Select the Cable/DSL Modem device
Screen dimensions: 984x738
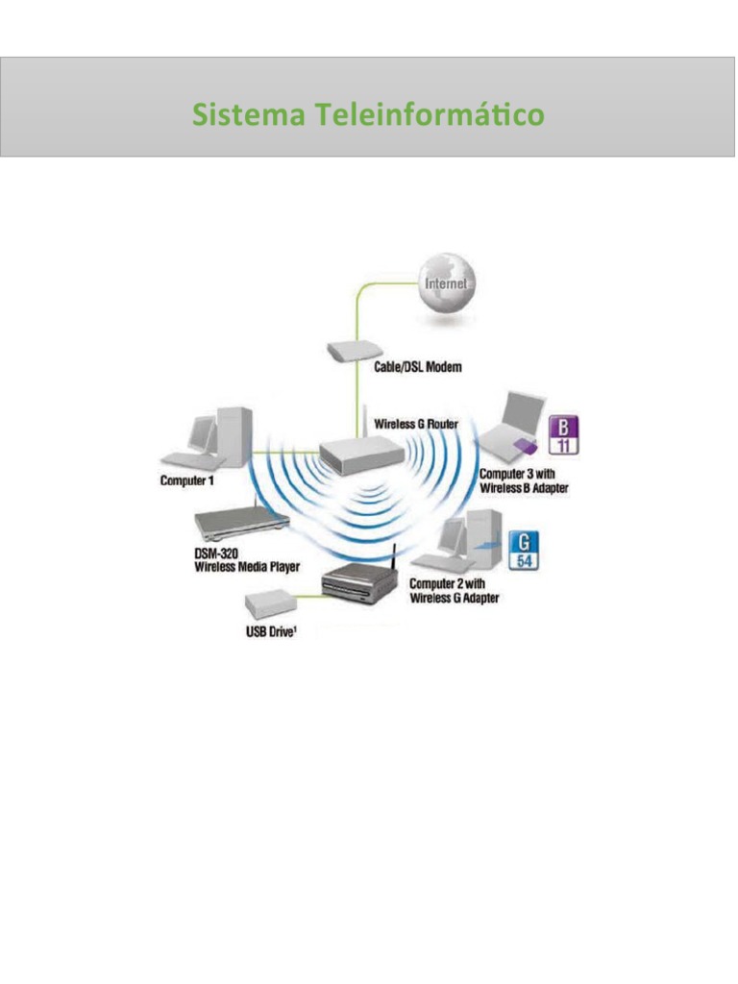[356, 350]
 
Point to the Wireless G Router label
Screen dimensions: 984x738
[416, 423]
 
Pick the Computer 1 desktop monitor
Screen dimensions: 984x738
[201, 433]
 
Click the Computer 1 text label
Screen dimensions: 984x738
[187, 479]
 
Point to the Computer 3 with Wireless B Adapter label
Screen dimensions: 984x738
[525, 481]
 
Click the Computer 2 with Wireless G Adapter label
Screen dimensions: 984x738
[455, 591]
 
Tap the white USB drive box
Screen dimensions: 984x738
[269, 605]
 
